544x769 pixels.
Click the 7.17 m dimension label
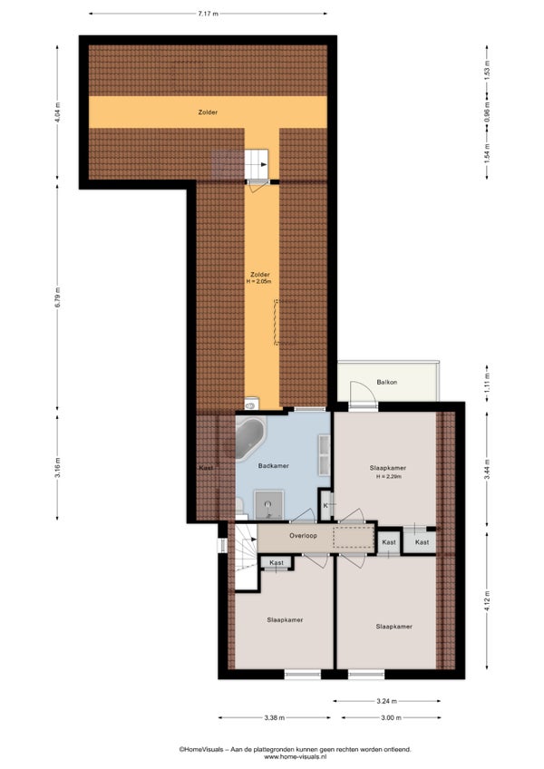(208, 14)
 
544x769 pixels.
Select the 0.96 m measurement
(487, 112)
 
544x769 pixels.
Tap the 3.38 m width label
(274, 717)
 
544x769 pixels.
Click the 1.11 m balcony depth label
(487, 383)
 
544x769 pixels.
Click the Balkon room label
(387, 382)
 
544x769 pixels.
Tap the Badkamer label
(273, 466)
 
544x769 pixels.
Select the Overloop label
(303, 536)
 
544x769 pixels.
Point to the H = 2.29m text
(388, 476)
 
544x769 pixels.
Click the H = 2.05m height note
(259, 281)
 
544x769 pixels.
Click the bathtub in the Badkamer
(250, 438)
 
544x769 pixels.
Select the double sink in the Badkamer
(324, 454)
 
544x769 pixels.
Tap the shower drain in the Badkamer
(267, 504)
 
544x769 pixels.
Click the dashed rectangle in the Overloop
(354, 537)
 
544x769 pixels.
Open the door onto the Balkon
(362, 394)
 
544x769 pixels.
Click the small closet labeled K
(325, 505)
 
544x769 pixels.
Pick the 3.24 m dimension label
(387, 701)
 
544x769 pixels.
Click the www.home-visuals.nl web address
(295, 756)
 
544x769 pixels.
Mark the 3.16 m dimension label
(57, 467)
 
